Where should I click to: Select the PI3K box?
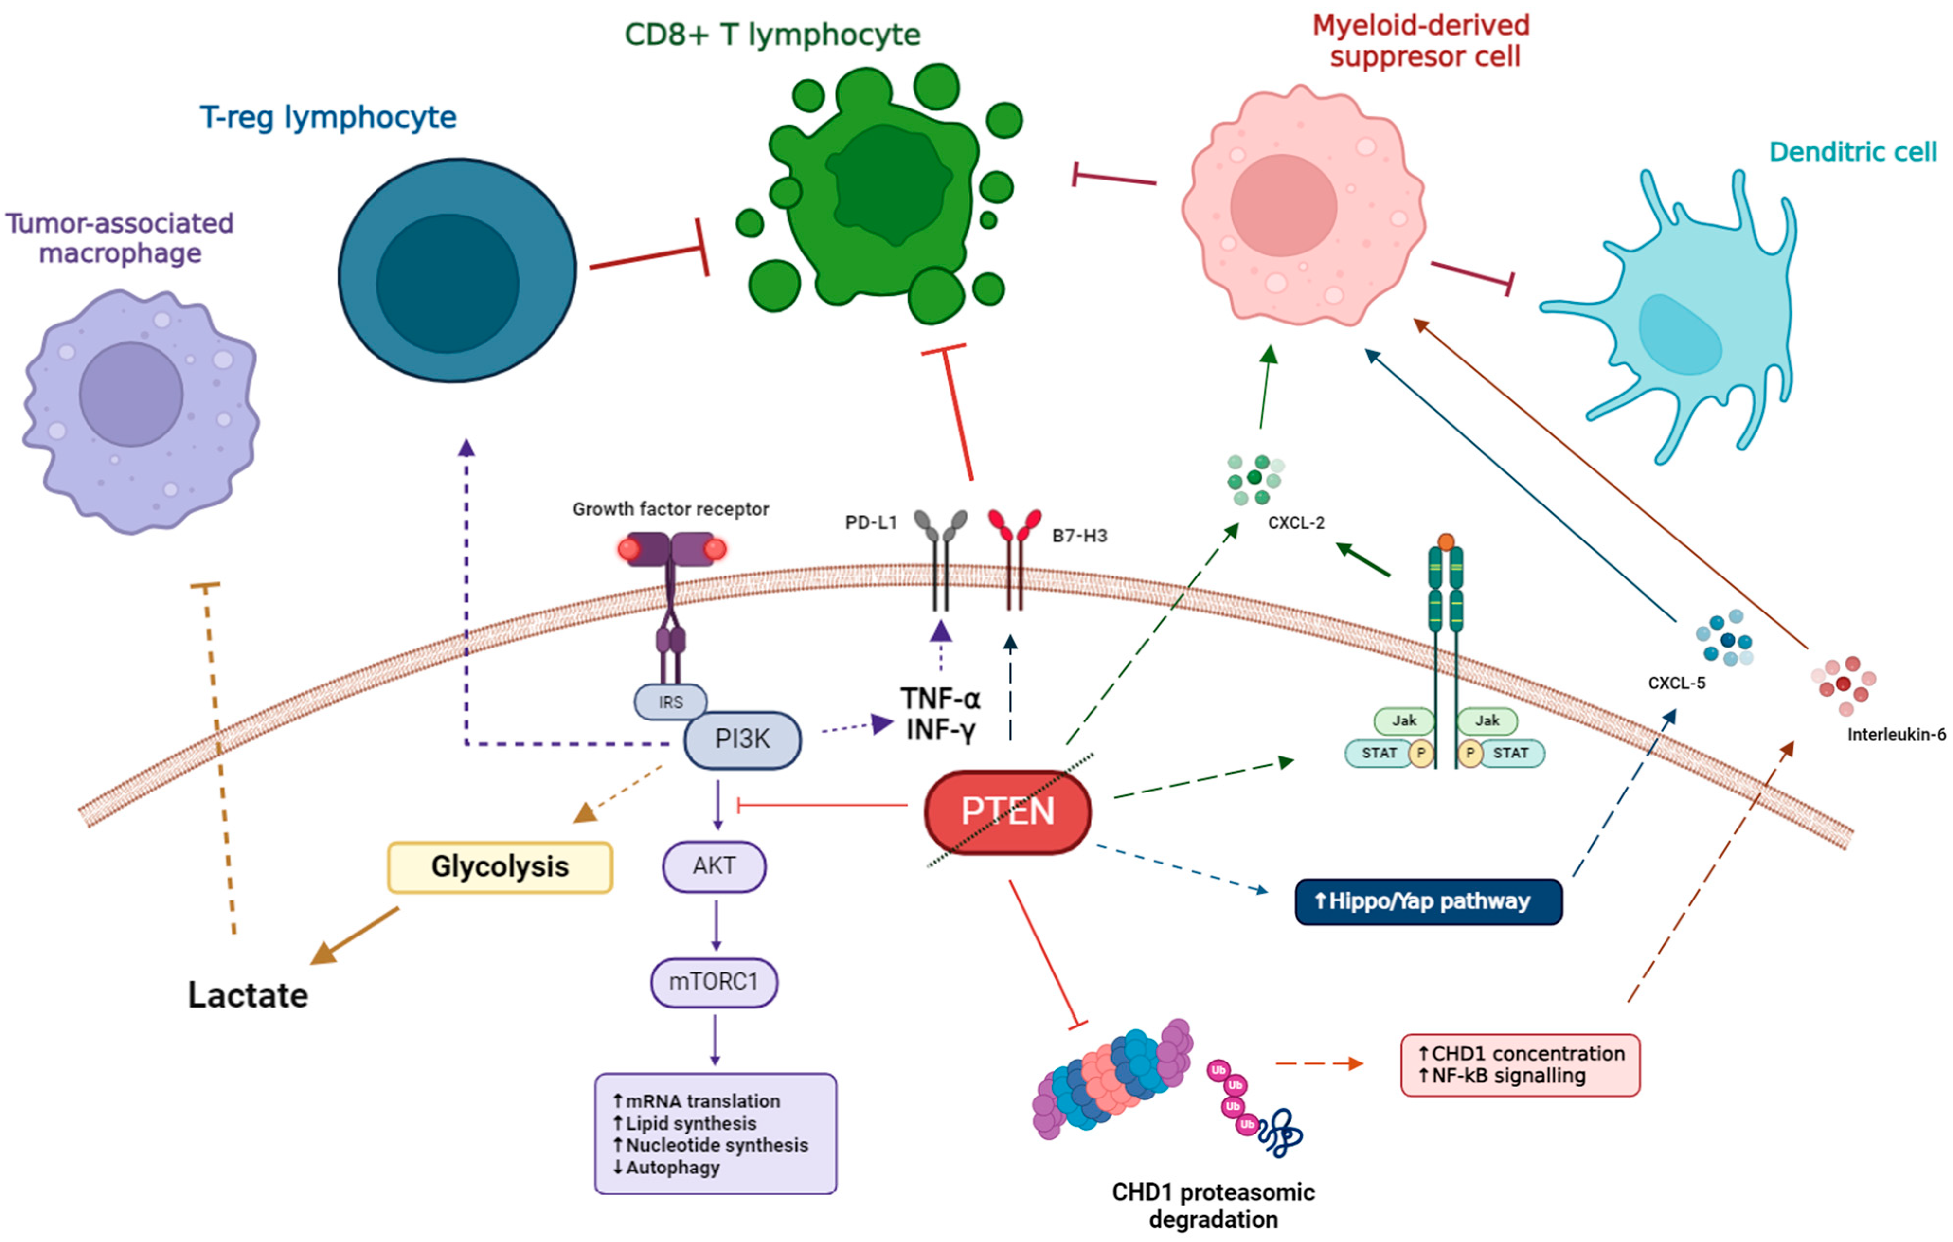pos(742,739)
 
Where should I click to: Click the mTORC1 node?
pos(714,982)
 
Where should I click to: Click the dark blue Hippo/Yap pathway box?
pos(1428,901)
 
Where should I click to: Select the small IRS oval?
pos(670,702)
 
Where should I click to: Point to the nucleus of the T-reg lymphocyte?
pos(447,284)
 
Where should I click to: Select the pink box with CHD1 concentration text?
pos(1520,1064)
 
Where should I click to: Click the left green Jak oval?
pos(1404,720)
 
